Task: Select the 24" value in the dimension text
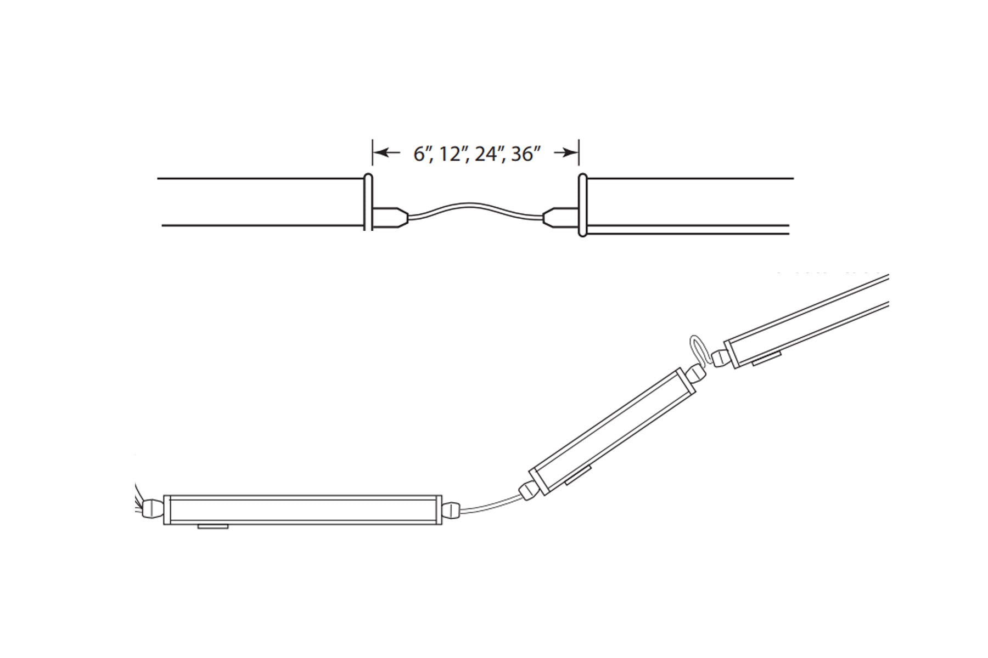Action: pos(490,155)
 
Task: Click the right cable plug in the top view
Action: pos(561,217)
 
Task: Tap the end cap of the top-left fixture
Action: pos(368,202)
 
